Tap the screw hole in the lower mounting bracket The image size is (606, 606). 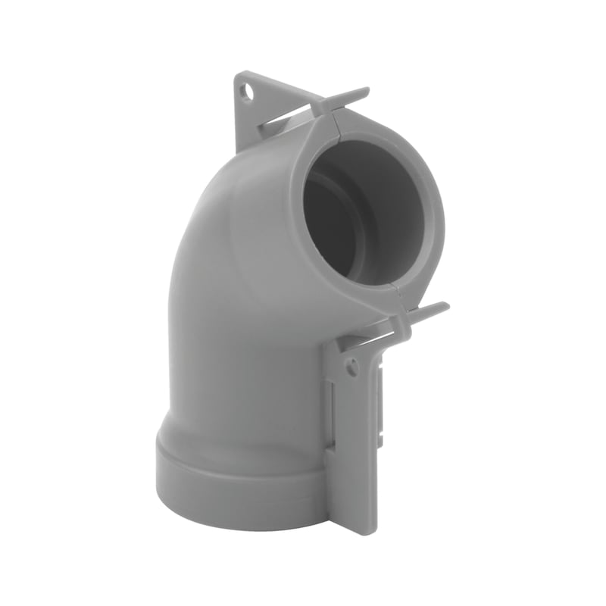tap(351, 368)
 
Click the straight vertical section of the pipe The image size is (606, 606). tap(242, 356)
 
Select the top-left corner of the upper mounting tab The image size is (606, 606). tap(237, 73)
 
